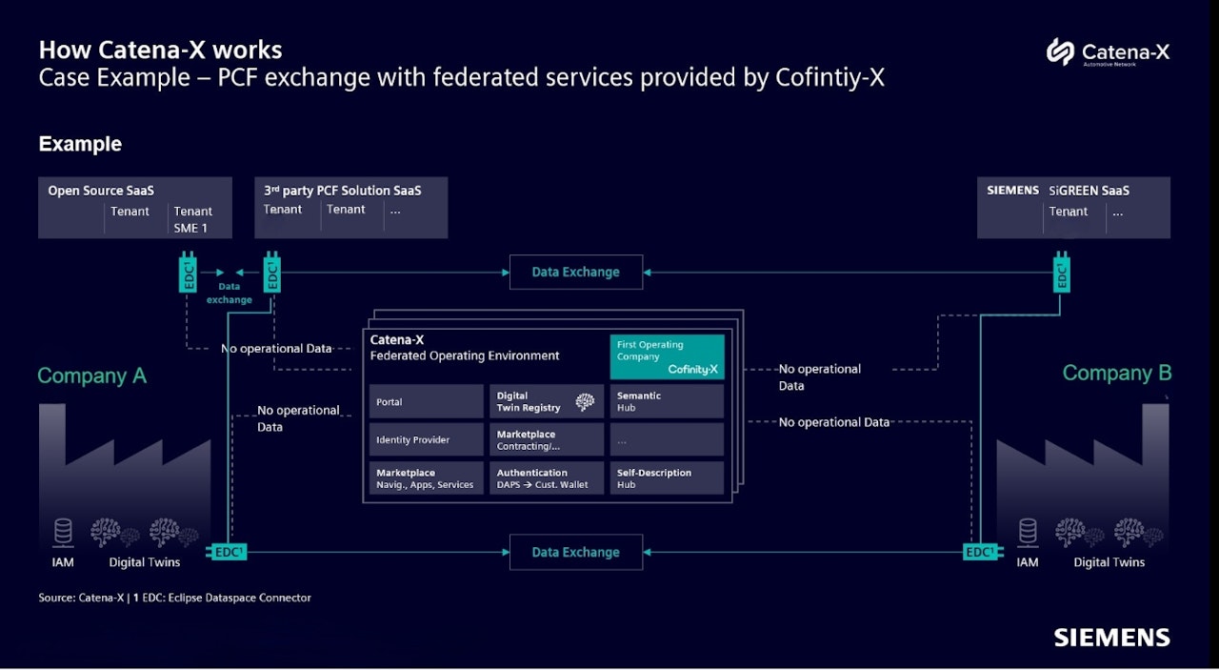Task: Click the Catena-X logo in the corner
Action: pyautogui.click(x=1108, y=51)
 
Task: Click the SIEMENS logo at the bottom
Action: pyautogui.click(x=1111, y=638)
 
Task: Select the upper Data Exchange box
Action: pyautogui.click(x=575, y=272)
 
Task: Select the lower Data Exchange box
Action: pyautogui.click(x=575, y=552)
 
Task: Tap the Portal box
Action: pyautogui.click(x=426, y=401)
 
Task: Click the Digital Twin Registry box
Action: pyautogui.click(x=547, y=401)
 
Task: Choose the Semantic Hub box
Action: pyautogui.click(x=667, y=401)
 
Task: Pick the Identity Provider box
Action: pyautogui.click(x=426, y=439)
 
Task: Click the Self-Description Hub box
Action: pyautogui.click(x=667, y=478)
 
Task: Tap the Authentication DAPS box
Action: pyautogui.click(x=547, y=478)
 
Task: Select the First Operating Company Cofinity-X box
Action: pyautogui.click(x=667, y=356)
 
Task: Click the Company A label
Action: pyautogui.click(x=91, y=376)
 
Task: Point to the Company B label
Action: pyautogui.click(x=1116, y=374)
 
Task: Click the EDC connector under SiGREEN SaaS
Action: pyautogui.click(x=1061, y=273)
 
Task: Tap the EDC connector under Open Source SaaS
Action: pyautogui.click(x=189, y=273)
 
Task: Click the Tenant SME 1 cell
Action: pyautogui.click(x=193, y=219)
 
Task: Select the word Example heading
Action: pyautogui.click(x=80, y=144)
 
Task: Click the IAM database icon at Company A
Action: pyautogui.click(x=63, y=532)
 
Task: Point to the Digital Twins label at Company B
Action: pyautogui.click(x=1109, y=562)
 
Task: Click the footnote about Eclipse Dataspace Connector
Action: pyautogui.click(x=175, y=598)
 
